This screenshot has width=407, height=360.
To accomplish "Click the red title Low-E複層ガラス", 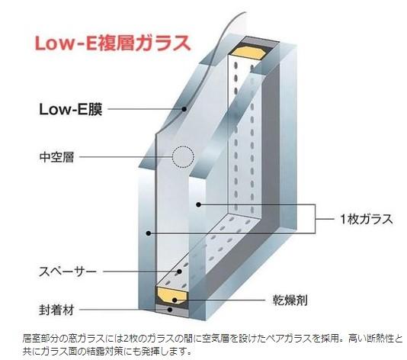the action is point(113,43).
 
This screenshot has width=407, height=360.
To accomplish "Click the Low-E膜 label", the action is point(71,109).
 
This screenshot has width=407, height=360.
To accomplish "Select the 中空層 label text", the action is point(57,157).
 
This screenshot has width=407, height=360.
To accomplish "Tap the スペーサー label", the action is point(68,272).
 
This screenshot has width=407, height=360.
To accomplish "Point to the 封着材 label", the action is point(56,310).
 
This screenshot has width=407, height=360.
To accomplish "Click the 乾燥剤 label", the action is point(290,301).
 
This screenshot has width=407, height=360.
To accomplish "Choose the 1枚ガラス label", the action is point(367,219).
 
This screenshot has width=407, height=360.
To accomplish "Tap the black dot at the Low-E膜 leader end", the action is point(184,109).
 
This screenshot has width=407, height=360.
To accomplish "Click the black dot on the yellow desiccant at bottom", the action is point(175,301).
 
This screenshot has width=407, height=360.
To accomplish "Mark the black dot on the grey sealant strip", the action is point(170,310).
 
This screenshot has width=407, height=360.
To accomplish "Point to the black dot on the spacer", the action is point(179,272).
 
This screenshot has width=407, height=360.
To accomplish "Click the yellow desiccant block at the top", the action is point(248,53).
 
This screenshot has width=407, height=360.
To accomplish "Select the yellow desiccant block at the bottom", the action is point(171,294).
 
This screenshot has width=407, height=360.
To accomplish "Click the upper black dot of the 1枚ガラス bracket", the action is point(199,204).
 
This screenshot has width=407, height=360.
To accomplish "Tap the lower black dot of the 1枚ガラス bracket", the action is point(148,233).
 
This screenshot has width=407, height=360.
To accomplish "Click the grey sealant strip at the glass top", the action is point(258,41).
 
